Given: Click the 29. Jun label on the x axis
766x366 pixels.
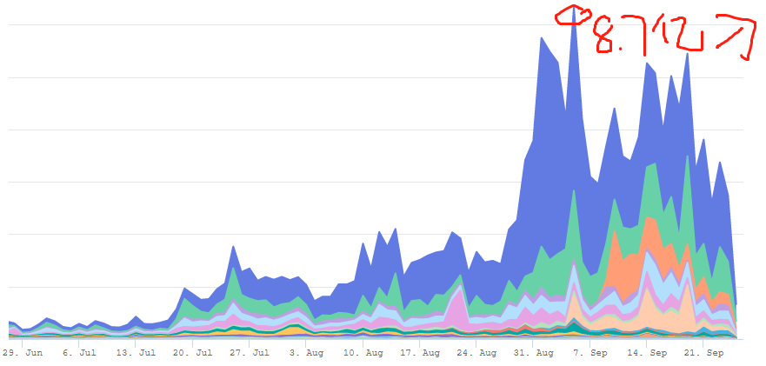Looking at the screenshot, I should [23, 354].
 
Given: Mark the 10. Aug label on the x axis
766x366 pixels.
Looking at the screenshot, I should [363, 354].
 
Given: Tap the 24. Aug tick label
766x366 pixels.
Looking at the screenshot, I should [477, 354].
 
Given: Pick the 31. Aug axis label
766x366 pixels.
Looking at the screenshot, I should [534, 354].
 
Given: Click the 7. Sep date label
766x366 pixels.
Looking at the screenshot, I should [591, 354].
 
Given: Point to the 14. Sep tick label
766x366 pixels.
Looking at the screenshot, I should [648, 354].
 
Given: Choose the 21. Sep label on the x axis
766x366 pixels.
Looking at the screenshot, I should [704, 354].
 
